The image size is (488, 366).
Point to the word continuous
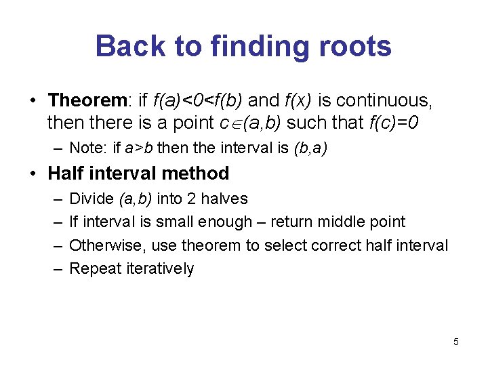[383, 100]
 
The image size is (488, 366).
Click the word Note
[85, 148]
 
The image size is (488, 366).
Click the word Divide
[91, 199]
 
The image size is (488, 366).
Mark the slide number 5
[455, 342]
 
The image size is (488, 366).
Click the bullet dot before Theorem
[33, 101]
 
